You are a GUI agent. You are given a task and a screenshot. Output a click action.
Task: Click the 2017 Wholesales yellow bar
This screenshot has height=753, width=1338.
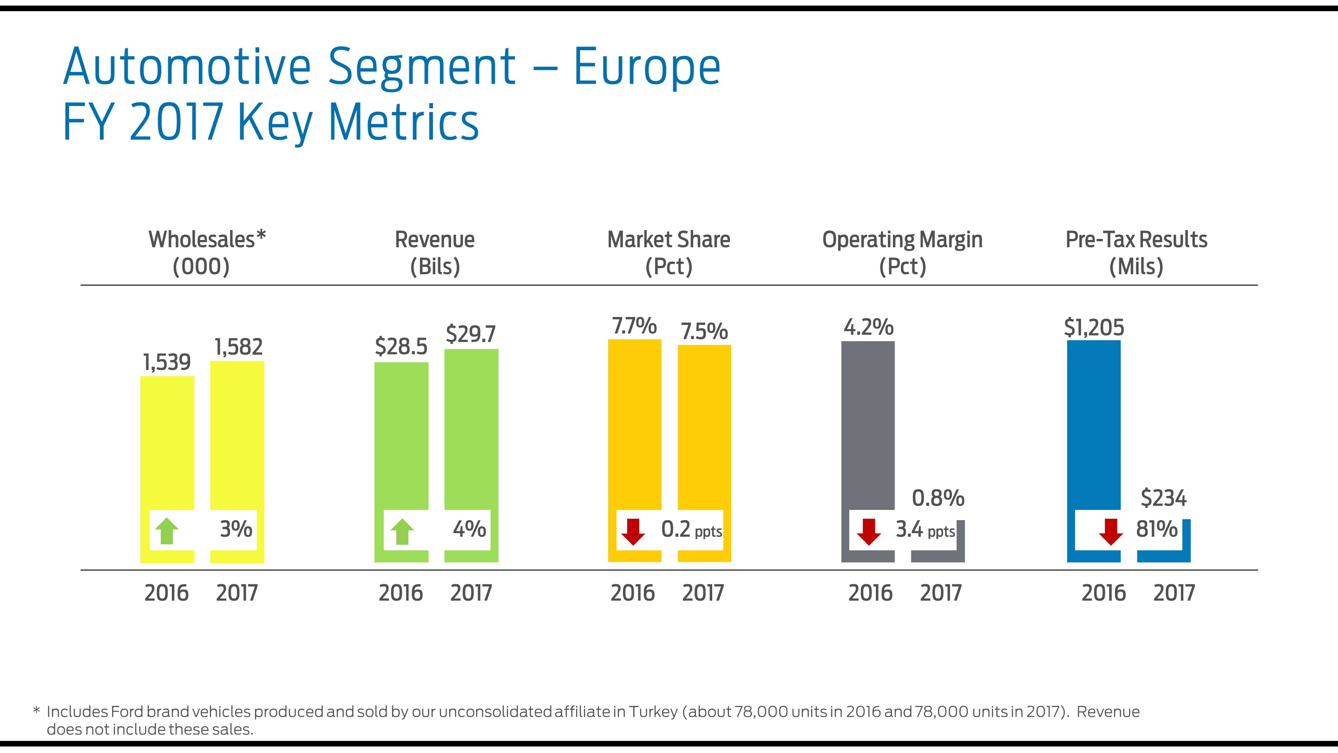point(237,436)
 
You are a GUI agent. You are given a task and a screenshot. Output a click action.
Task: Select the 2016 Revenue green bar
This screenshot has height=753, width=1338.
point(401,436)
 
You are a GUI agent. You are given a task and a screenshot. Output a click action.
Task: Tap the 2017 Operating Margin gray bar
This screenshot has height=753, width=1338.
point(938,556)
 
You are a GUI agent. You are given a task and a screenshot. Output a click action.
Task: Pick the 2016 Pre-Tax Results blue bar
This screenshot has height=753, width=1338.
point(1093,426)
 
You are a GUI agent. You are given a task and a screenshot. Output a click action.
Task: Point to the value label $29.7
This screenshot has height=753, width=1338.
point(471,334)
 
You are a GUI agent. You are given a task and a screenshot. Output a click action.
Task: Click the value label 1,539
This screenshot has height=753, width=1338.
point(167,362)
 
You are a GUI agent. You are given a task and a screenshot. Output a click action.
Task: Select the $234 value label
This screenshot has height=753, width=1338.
point(1163,498)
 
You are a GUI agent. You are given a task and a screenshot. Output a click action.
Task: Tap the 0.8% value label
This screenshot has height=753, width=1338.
point(938,498)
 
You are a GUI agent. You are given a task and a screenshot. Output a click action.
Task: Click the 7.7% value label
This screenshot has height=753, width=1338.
point(634,326)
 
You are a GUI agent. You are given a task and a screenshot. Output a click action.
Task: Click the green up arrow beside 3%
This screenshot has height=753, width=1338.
point(167,530)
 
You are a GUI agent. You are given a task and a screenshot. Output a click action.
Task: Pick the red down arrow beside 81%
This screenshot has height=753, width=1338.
point(1110,531)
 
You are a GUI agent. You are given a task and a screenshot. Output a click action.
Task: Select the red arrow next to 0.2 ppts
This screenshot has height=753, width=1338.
point(633,531)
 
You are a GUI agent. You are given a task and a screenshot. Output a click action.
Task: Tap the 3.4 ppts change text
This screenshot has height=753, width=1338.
point(925,529)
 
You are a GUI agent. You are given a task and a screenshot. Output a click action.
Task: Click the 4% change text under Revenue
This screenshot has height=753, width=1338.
point(469,529)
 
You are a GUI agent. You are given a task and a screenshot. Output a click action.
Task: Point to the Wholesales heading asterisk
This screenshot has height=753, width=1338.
point(261,235)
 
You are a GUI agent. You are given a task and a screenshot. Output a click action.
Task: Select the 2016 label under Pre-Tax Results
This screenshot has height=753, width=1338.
point(1103,593)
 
